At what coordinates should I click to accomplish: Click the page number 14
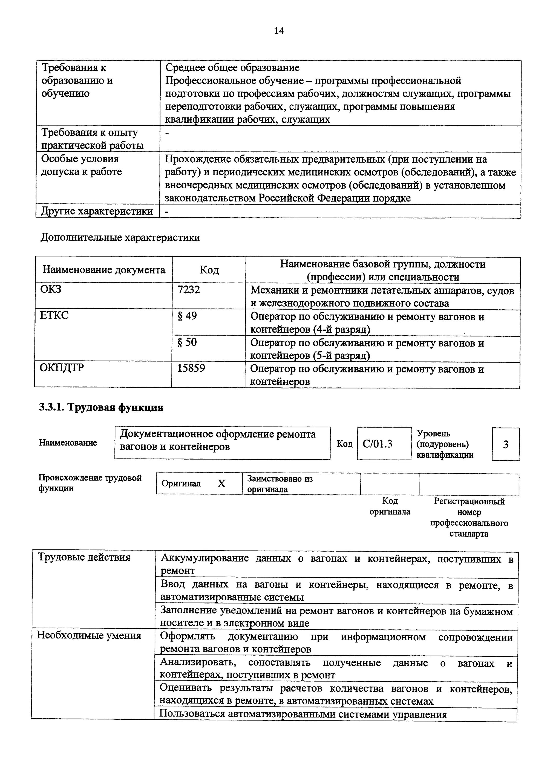pyautogui.click(x=279, y=31)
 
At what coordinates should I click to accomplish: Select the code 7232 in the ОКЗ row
pyautogui.click(x=189, y=290)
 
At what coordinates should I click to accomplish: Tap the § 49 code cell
pyautogui.click(x=187, y=316)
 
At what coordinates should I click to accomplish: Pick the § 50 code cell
pyautogui.click(x=187, y=342)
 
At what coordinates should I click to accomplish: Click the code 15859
pyautogui.click(x=191, y=368)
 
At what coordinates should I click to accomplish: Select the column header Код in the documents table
pyautogui.click(x=209, y=270)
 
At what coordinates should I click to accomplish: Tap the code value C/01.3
pyautogui.click(x=377, y=444)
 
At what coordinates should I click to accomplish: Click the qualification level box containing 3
pyautogui.click(x=505, y=444)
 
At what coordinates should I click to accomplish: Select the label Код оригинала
pyautogui.click(x=390, y=506)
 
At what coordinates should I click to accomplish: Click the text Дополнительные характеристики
pyautogui.click(x=120, y=238)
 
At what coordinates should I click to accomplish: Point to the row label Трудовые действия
pyautogui.click(x=84, y=557)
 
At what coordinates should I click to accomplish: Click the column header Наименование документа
pyautogui.click(x=104, y=270)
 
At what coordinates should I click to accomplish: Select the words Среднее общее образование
pyautogui.click(x=232, y=67)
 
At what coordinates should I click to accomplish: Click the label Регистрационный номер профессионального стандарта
pyautogui.click(x=469, y=517)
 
